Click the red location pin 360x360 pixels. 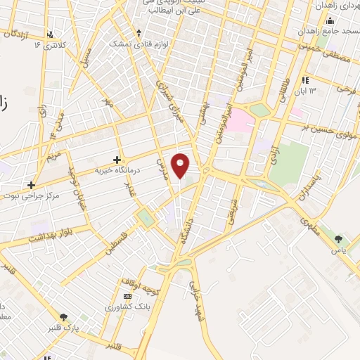pyautogui.click(x=181, y=165)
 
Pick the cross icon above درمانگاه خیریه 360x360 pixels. pyautogui.click(x=117, y=160)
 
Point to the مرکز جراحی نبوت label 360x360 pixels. pyautogui.click(x=31, y=196)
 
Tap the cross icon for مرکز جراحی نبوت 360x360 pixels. pyautogui.click(x=31, y=186)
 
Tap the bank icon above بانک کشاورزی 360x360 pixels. pyautogui.click(x=126, y=296)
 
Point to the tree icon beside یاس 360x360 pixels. pyautogui.click(x=340, y=239)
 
